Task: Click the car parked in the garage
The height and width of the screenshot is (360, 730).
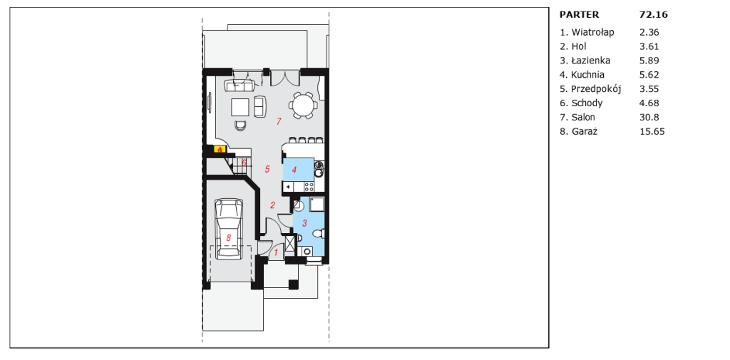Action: (x=228, y=228)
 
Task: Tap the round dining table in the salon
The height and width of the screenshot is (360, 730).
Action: (x=303, y=105)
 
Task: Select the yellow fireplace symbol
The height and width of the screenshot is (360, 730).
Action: (x=220, y=150)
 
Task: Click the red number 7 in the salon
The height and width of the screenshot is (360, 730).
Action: (x=279, y=122)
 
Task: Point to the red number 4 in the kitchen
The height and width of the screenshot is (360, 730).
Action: (x=294, y=170)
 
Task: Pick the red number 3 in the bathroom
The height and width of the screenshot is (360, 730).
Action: (x=305, y=223)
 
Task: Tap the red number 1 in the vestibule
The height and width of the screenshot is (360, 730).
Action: (x=276, y=253)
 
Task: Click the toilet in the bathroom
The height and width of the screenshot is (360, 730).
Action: (x=319, y=233)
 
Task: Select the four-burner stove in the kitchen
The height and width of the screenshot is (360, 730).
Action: (x=309, y=187)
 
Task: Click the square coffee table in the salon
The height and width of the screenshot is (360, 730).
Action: (x=241, y=107)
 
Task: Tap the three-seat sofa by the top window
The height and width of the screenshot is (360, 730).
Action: (x=239, y=86)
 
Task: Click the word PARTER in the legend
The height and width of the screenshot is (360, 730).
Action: (x=579, y=14)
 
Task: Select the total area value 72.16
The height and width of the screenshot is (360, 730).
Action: (x=654, y=14)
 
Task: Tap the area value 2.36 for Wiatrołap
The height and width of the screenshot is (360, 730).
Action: (x=649, y=32)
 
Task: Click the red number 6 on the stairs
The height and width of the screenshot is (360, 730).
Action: (x=244, y=163)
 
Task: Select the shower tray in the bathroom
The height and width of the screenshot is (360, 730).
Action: (x=317, y=204)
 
